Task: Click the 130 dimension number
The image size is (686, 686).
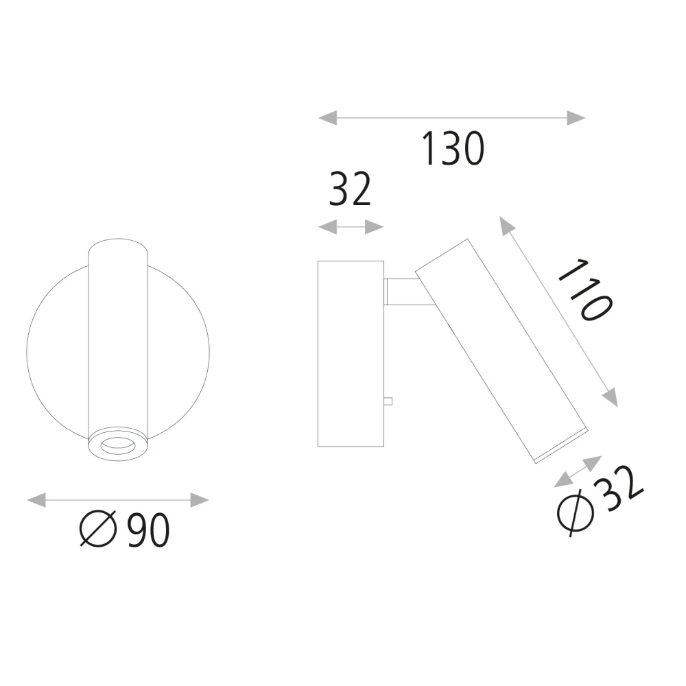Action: pyautogui.click(x=453, y=149)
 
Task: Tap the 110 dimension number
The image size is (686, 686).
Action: pyautogui.click(x=584, y=290)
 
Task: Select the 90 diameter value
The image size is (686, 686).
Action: pyautogui.click(x=148, y=530)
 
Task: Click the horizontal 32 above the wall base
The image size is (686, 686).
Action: pyautogui.click(x=350, y=189)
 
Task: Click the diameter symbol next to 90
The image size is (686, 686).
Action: pyautogui.click(x=98, y=528)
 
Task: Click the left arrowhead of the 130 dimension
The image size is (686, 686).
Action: pyautogui.click(x=328, y=118)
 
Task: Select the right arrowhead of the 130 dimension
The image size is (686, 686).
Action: pyautogui.click(x=576, y=118)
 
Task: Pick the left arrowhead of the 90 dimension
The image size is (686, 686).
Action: pyautogui.click(x=36, y=500)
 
